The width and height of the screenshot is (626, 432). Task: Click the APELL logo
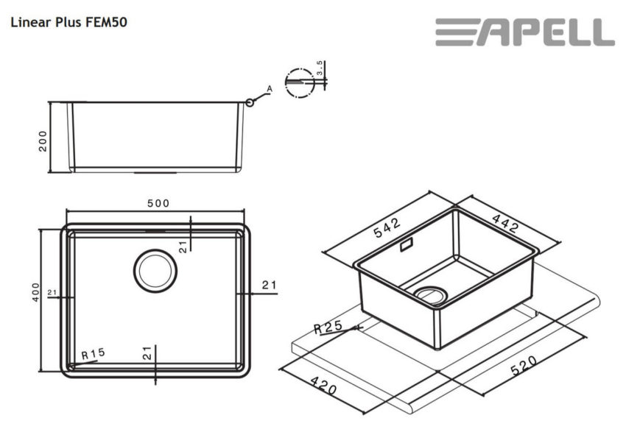[524, 32]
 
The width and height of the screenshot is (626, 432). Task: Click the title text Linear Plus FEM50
[68, 22]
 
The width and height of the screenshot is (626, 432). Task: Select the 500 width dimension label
[158, 203]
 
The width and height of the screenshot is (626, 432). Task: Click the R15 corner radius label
[94, 353]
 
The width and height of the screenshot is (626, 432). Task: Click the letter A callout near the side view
[269, 89]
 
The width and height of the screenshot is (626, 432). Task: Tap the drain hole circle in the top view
[155, 269]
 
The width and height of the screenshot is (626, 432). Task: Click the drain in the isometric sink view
[430, 294]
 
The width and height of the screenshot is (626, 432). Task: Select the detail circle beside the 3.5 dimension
[299, 82]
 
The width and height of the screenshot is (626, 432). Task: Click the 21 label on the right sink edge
[269, 285]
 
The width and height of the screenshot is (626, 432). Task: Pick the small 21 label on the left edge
[52, 292]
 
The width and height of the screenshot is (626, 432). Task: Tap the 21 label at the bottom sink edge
[147, 353]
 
